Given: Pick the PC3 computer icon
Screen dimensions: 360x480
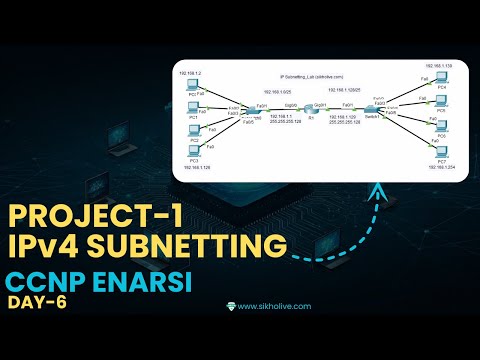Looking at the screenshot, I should tap(193, 153).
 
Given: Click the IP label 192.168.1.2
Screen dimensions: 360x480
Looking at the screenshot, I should tap(188, 73).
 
